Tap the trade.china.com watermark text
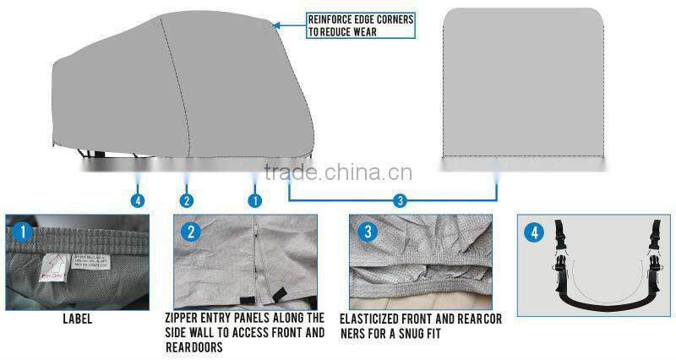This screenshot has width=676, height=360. (337, 173)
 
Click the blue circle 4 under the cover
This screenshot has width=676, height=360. (138, 200)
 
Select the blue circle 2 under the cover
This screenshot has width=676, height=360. (187, 200)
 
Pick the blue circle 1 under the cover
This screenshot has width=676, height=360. (253, 200)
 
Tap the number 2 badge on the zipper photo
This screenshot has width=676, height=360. (192, 231)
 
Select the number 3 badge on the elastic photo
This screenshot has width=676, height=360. (366, 231)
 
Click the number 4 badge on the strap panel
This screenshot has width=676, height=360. (534, 231)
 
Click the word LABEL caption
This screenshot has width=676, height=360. (79, 320)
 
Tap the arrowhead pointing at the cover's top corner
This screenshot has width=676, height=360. (278, 26)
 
